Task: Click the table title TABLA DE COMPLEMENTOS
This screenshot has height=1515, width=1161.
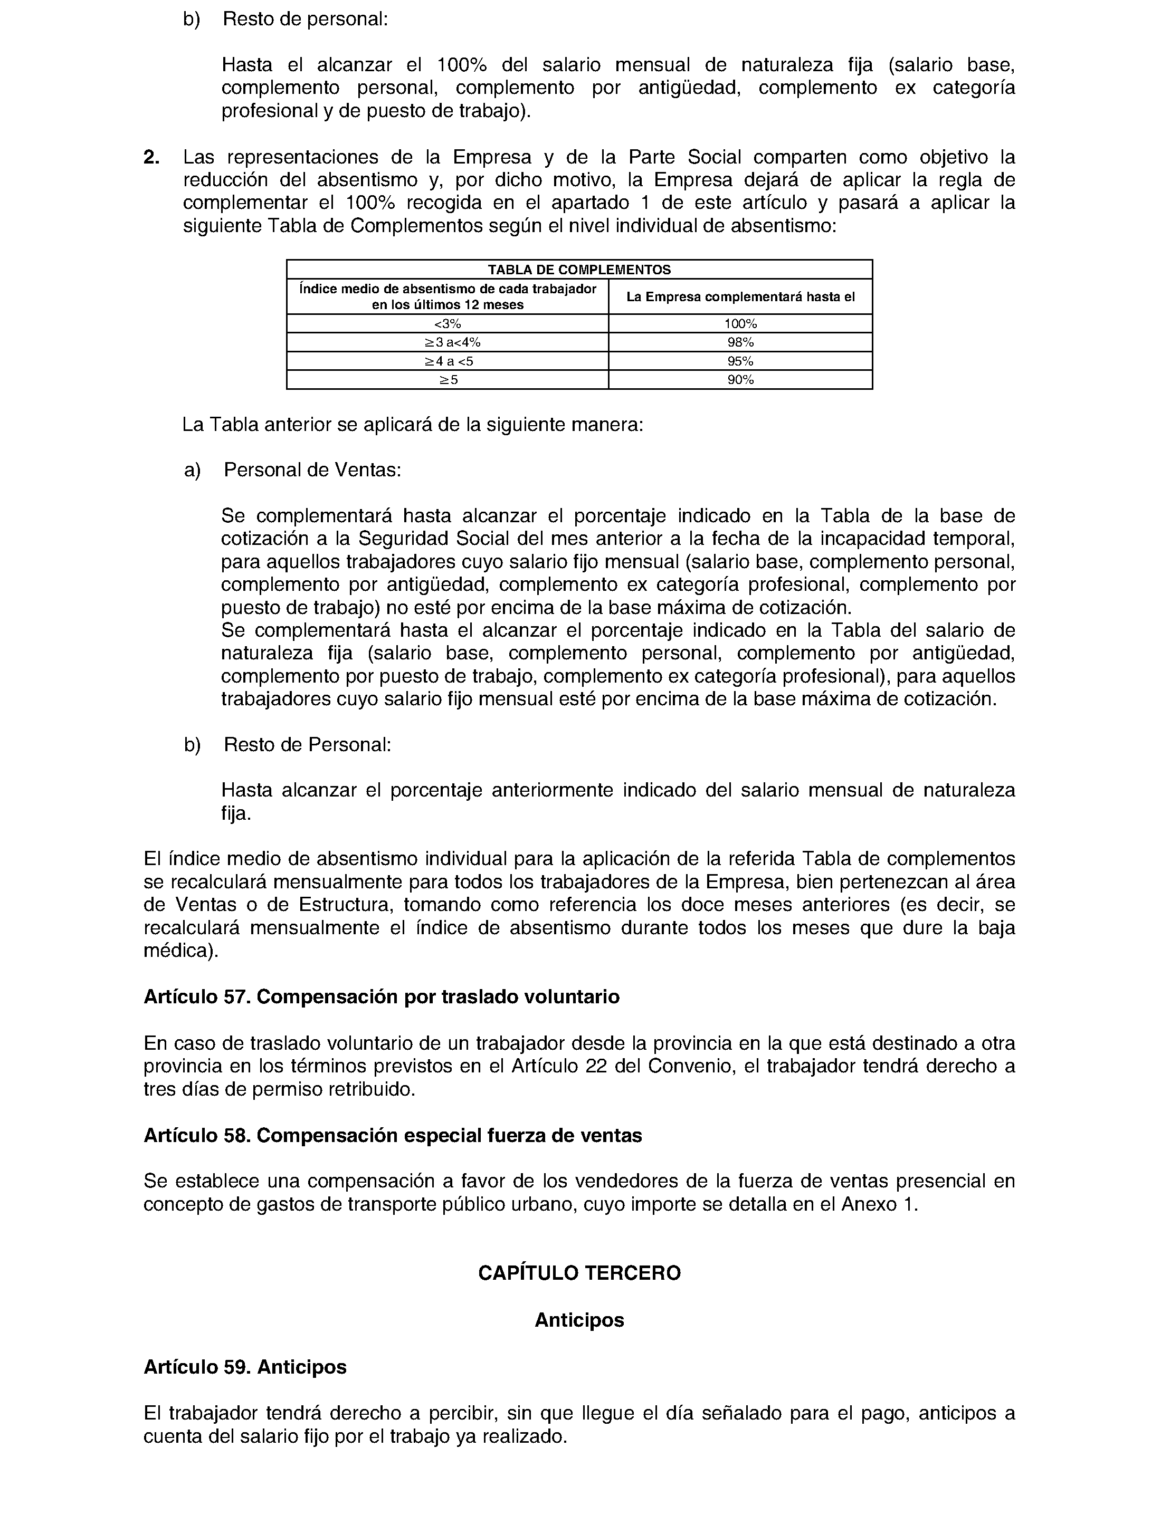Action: [x=579, y=270]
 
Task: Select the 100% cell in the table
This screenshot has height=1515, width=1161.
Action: [x=740, y=323]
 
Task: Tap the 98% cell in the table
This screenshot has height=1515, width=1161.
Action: [x=740, y=342]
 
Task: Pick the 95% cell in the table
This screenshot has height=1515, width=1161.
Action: [x=740, y=361]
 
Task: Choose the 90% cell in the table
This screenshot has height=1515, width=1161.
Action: [x=740, y=379]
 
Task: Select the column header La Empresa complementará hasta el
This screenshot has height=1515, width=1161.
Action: [x=740, y=297]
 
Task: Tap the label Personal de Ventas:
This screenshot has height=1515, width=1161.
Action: [x=312, y=471]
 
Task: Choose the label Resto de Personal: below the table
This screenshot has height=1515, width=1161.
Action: [x=308, y=745]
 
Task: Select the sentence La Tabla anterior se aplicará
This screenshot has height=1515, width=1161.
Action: [x=413, y=424]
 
